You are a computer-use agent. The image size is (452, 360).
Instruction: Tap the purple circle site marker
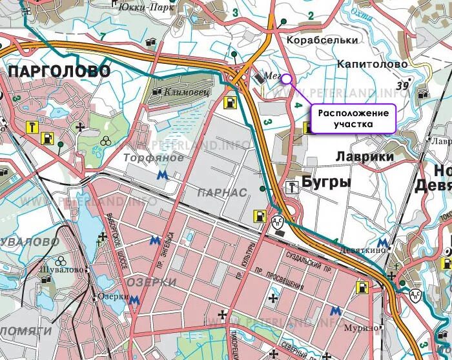coord(287,79)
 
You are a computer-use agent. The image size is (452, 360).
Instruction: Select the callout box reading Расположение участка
coord(354,118)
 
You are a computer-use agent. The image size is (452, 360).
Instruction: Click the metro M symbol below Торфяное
coord(163,174)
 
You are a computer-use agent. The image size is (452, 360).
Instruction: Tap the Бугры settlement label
coord(326,183)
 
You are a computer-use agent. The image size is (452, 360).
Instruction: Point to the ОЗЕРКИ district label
coord(152,283)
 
